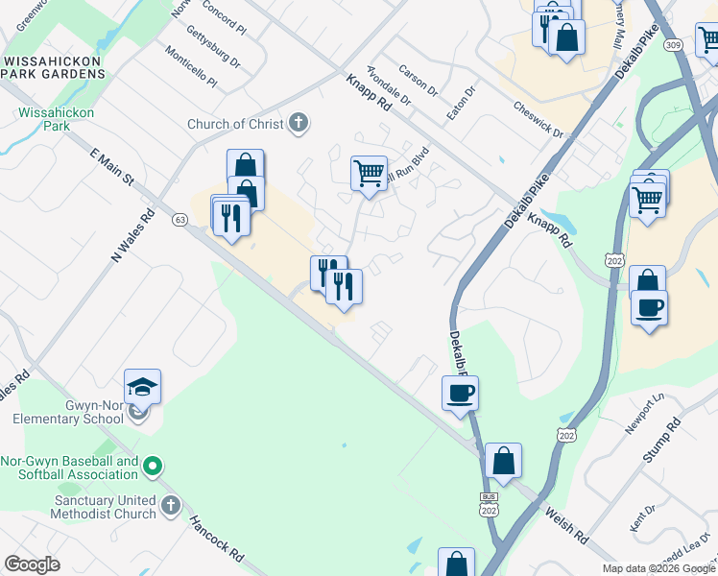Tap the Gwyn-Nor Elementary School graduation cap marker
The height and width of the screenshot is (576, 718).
coord(142,387)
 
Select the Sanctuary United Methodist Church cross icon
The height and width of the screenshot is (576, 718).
coord(171,505)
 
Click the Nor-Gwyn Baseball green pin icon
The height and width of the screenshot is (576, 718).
coord(151,467)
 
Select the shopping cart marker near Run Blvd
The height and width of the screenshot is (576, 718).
coord(369,174)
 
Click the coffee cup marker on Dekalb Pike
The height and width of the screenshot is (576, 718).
coord(460,393)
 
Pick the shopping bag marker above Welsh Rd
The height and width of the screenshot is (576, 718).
coord(503,460)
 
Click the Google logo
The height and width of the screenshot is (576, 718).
coord(32,564)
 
